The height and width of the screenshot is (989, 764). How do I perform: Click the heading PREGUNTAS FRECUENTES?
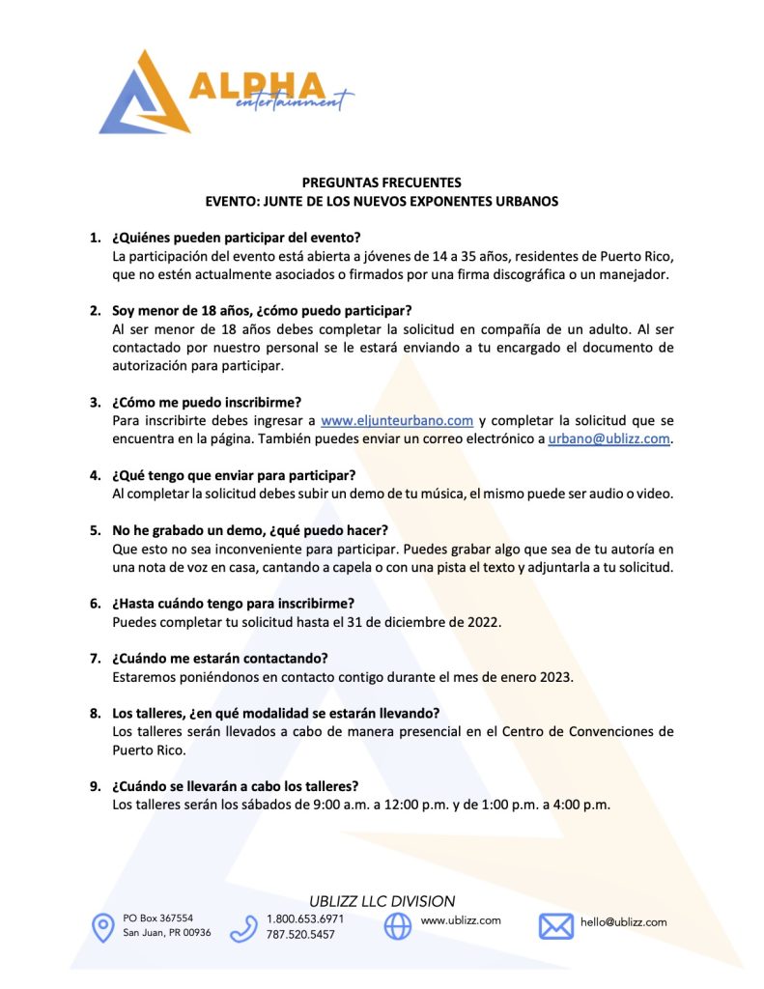point(382,182)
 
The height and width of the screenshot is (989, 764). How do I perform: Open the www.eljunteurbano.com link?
point(397,420)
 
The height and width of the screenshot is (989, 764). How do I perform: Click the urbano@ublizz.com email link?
point(608,438)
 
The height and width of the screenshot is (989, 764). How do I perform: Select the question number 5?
point(96,530)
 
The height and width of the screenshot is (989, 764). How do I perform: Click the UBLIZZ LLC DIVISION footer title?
point(382,900)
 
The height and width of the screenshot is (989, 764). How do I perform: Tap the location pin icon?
point(102,927)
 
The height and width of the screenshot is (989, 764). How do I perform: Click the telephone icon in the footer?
point(243,928)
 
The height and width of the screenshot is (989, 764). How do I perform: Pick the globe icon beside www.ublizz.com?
point(397,926)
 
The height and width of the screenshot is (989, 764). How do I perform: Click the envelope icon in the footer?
point(555,926)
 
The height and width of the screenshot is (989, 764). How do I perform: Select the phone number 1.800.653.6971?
point(305,918)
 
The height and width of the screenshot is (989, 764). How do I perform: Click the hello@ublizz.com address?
point(623,921)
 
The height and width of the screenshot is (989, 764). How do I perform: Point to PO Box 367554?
point(158,918)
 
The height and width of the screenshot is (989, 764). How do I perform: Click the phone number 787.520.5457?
point(300,935)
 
